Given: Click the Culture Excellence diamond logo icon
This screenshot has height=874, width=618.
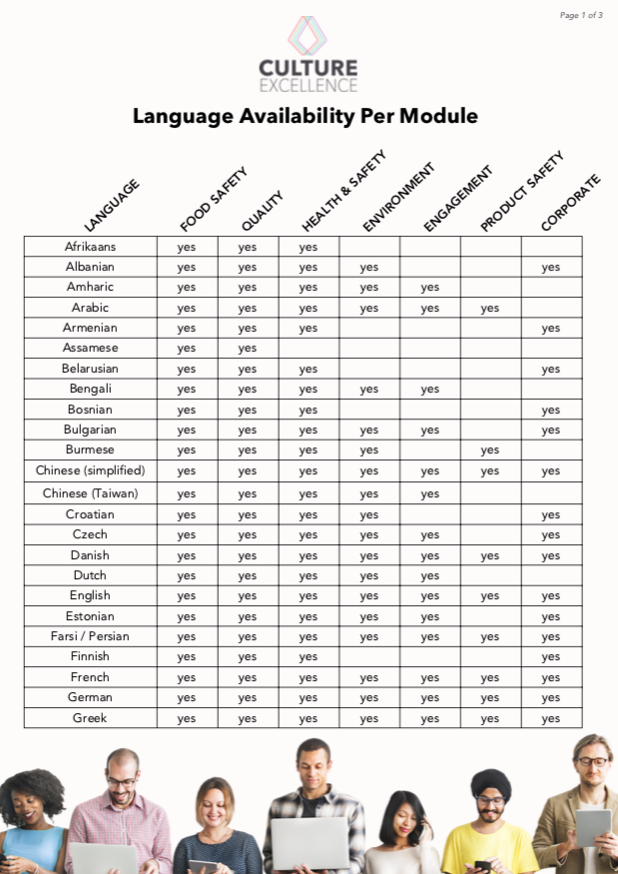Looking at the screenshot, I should click(308, 35).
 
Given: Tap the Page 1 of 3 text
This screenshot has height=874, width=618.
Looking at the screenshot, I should click(581, 15).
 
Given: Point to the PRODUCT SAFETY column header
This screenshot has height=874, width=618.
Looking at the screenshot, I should click(521, 192).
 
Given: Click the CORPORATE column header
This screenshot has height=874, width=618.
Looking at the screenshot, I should click(570, 203).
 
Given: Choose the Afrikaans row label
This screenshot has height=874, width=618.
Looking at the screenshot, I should click(90, 247).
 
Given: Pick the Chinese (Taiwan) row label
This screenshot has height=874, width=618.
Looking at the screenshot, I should click(90, 493).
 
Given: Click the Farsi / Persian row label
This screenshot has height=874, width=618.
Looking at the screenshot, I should click(90, 636).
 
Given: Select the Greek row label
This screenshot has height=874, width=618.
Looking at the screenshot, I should click(90, 718).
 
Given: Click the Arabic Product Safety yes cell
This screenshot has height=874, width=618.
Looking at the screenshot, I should click(489, 308).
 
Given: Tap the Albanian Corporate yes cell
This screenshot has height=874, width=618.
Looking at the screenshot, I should click(551, 267).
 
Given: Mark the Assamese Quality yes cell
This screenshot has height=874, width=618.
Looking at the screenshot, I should click(248, 349).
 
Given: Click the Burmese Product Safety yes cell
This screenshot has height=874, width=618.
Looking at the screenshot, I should click(489, 450).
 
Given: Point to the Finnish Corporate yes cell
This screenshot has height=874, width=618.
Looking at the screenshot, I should click(551, 657).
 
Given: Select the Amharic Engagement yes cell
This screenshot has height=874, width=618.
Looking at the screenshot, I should click(429, 288).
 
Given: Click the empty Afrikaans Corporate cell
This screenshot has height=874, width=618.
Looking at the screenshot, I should click(551, 247).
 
